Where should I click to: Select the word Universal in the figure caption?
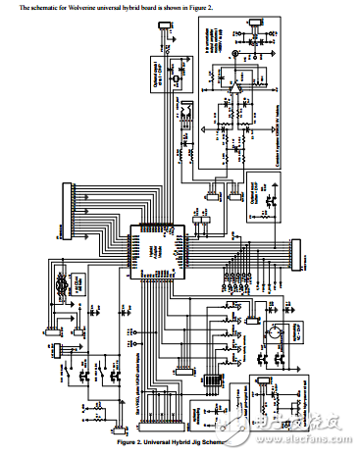click(163, 442)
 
